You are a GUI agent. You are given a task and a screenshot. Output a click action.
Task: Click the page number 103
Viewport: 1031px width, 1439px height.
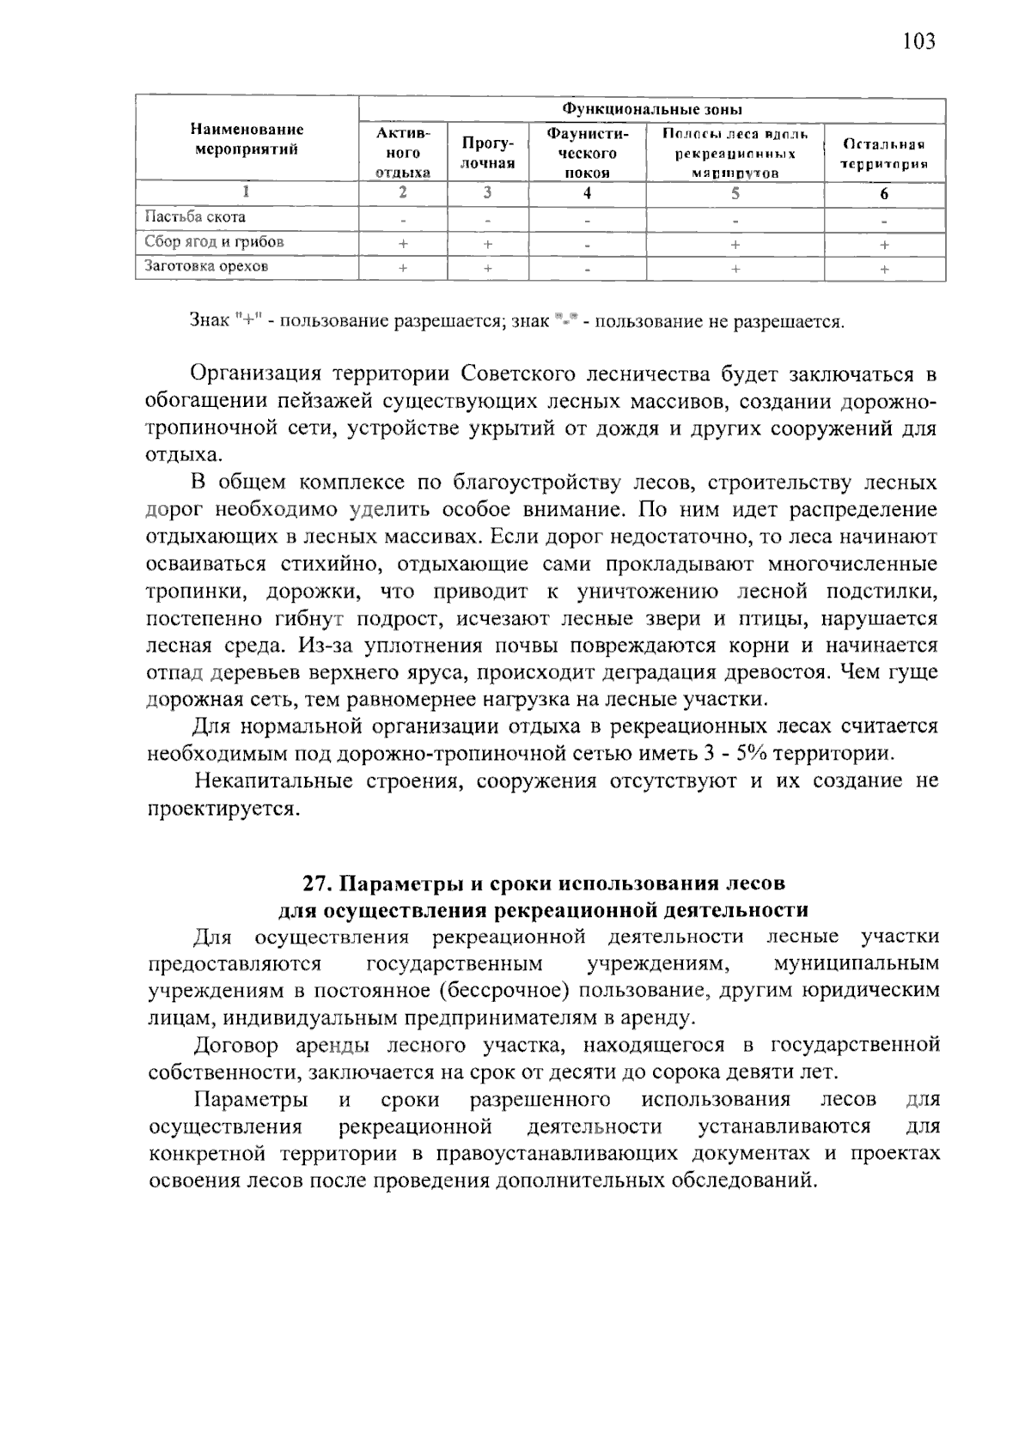[918, 40]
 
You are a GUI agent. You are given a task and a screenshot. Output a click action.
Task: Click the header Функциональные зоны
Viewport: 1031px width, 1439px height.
[651, 110]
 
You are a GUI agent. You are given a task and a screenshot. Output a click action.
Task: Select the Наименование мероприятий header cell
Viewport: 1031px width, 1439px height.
[247, 139]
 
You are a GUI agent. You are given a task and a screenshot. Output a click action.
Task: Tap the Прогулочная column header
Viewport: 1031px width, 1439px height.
[487, 152]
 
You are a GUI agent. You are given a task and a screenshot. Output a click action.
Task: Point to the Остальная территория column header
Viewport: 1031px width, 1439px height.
[884, 153]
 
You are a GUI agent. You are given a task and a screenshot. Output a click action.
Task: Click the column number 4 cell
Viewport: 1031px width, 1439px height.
[587, 193]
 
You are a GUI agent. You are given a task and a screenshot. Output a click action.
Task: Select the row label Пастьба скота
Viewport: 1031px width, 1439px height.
[195, 218]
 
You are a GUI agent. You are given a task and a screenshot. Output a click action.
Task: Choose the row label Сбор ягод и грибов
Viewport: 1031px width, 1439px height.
[214, 242]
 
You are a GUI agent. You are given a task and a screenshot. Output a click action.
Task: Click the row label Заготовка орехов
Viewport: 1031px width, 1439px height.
[206, 266]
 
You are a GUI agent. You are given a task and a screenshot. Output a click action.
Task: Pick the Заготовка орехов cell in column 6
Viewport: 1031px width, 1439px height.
[884, 269]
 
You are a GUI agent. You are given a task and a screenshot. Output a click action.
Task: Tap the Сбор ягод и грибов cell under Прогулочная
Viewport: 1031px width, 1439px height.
[487, 244]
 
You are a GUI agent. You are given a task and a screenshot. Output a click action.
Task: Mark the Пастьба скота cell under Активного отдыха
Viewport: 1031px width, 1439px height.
[403, 220]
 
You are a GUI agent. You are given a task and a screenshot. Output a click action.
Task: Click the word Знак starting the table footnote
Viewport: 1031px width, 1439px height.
[210, 322]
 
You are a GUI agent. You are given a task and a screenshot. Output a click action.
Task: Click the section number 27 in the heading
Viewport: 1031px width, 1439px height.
[317, 883]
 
